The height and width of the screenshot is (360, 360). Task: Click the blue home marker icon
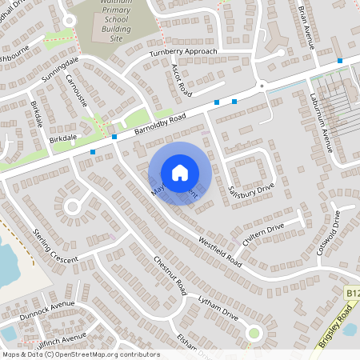[180, 173]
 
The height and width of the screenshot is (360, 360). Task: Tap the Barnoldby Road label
[160, 122]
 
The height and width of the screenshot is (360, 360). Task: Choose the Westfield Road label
[219, 250]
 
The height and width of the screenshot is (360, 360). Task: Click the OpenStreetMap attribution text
[81, 354]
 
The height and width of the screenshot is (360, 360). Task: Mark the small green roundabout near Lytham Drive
[254, 332]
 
